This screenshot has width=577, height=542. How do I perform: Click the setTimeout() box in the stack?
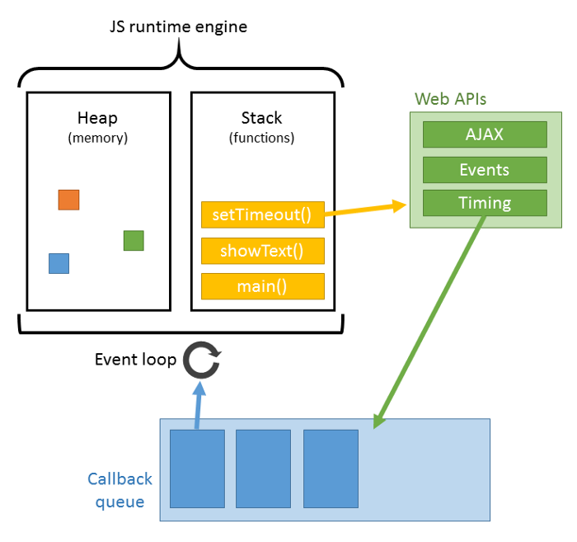(x=262, y=215)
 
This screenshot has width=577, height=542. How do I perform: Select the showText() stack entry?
(x=262, y=251)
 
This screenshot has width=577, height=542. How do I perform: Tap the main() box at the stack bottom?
(x=262, y=286)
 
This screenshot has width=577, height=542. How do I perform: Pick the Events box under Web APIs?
(x=485, y=170)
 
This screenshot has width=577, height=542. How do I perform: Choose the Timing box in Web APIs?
(x=485, y=203)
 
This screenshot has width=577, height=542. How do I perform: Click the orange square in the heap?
(x=68, y=200)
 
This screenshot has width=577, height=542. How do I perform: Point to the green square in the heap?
(x=134, y=240)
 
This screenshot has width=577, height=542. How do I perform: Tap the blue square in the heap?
(x=59, y=263)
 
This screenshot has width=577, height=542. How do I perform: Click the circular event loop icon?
(x=201, y=361)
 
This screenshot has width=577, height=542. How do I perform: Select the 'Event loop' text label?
(x=135, y=360)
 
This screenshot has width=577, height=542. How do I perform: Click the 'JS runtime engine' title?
(x=179, y=26)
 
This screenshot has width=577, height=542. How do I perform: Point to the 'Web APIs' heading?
(x=450, y=99)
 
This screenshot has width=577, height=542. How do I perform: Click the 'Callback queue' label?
(x=120, y=490)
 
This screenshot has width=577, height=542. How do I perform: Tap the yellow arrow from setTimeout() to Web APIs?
(x=366, y=210)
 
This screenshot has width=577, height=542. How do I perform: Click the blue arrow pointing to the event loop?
(x=196, y=404)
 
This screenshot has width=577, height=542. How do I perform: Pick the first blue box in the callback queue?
(x=197, y=468)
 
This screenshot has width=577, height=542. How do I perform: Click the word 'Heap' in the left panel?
(x=97, y=118)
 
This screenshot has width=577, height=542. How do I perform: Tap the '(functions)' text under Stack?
(x=261, y=138)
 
